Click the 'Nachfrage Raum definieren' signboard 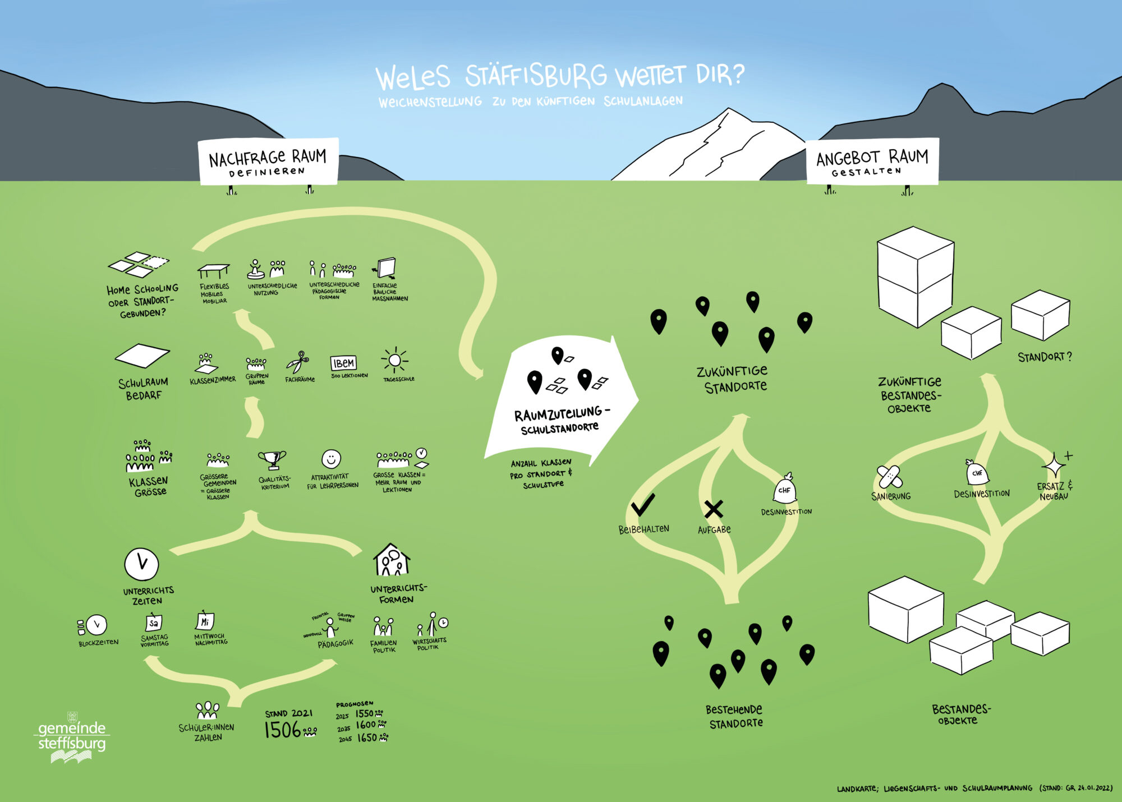click(268, 162)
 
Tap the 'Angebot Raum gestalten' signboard click(872, 162)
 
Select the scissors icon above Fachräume click(298, 362)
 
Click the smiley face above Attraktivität click(331, 459)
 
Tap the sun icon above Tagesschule click(394, 359)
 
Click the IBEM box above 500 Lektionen click(343, 363)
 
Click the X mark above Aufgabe click(713, 509)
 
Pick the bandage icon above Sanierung click(889, 477)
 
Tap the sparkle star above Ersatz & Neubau click(1053, 465)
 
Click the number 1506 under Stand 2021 click(283, 730)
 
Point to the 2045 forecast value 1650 click(367, 738)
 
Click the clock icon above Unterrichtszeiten click(141, 564)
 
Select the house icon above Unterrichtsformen click(392, 560)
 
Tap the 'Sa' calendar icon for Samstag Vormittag click(153, 623)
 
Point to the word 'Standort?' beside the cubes click(1044, 357)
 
